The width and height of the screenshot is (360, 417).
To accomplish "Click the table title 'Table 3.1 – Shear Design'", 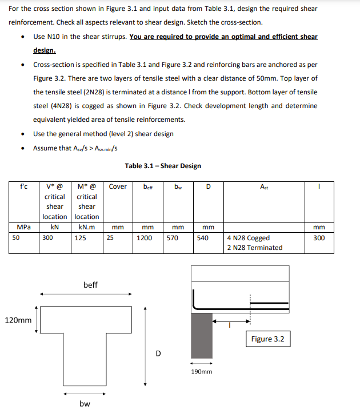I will pos(163,166).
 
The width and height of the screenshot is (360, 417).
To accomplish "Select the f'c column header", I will pos(23,186).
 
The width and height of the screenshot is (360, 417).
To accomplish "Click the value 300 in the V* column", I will pos(49,238).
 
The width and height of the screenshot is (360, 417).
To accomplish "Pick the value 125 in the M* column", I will pos(81,238).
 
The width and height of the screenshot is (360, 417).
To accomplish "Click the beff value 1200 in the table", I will pos(145,238).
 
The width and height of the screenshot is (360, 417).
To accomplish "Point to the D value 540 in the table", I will pos(203,238).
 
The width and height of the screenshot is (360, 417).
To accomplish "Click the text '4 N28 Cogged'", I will pos(249,238).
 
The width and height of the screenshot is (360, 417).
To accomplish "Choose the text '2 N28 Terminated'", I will pos(255,248).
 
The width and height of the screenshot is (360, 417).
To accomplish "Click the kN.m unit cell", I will pos(83,227).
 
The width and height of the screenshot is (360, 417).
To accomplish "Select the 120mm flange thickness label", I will pos(18,320).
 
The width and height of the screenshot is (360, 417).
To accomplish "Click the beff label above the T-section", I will pos(90,284).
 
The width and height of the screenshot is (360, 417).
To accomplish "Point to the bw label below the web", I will pos(85,403).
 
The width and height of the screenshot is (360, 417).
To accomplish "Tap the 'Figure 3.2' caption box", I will pos(267,339).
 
